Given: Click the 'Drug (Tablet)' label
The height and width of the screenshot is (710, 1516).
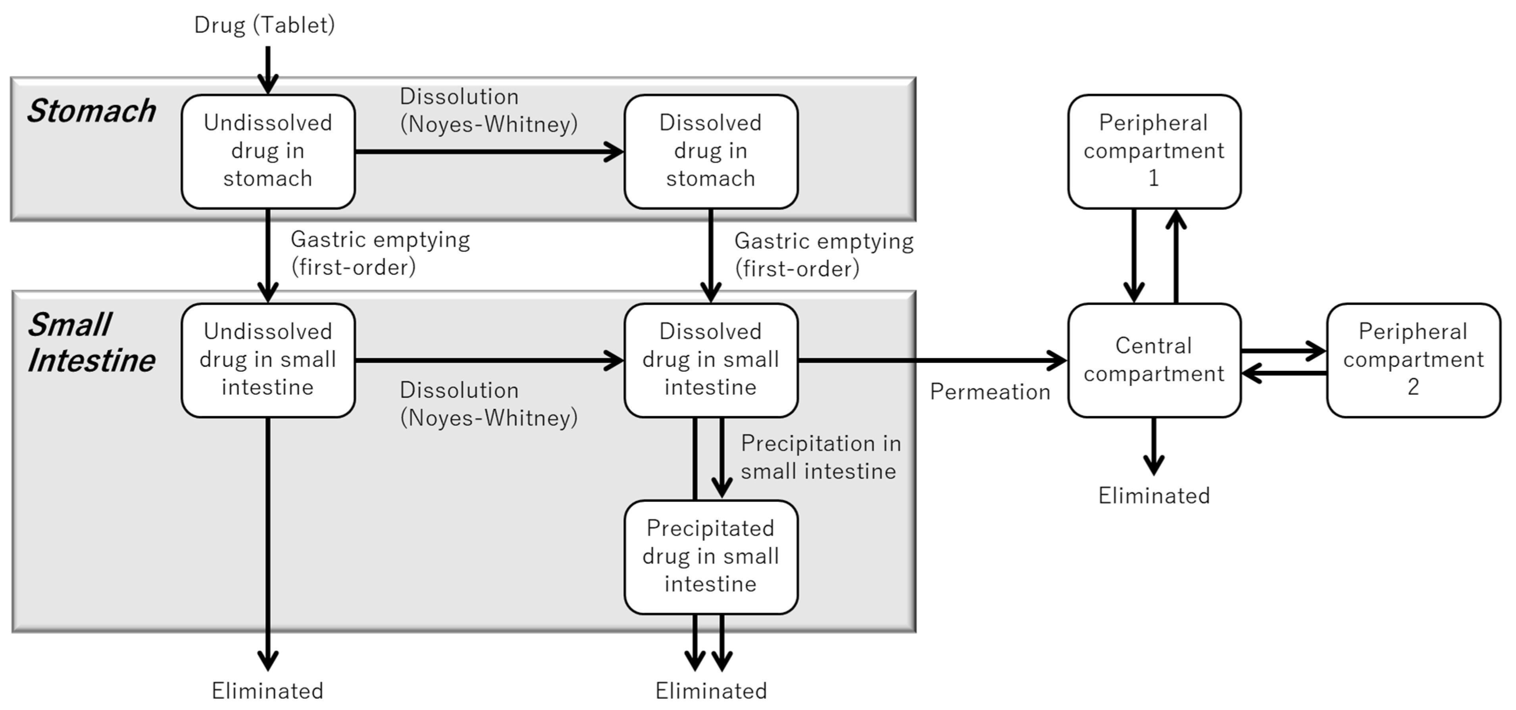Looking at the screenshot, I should (264, 25).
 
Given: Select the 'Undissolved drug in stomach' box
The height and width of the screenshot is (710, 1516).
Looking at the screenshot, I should (268, 151).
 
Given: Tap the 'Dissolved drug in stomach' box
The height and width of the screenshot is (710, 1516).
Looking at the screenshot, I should (710, 151).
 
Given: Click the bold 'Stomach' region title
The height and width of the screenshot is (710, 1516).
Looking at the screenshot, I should (91, 111).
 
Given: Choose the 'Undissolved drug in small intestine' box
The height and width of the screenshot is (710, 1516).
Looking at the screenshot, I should (268, 360).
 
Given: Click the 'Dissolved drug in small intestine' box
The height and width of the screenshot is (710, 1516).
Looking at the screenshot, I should (710, 360).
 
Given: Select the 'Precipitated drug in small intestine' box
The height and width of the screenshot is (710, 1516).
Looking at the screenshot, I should (710, 556).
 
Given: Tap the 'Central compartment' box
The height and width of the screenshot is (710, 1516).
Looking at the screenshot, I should (1154, 360).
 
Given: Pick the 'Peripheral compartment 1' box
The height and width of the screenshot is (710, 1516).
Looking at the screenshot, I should (1154, 151).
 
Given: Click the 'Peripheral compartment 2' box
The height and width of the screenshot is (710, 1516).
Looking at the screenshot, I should (1413, 360).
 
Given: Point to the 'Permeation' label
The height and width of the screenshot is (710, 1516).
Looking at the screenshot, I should (990, 392).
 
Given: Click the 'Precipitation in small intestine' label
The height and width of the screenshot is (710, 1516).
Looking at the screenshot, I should (820, 457).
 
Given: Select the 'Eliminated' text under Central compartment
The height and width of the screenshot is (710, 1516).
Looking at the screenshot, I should (1154, 496).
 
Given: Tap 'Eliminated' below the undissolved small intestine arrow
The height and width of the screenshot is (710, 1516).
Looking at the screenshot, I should (268, 691).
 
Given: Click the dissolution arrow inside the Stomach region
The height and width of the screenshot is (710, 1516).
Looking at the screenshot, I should (489, 152).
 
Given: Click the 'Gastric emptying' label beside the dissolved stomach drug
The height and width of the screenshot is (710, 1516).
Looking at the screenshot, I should (823, 255).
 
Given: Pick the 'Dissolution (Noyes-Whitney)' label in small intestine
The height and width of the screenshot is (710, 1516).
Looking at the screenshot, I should (489, 404).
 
